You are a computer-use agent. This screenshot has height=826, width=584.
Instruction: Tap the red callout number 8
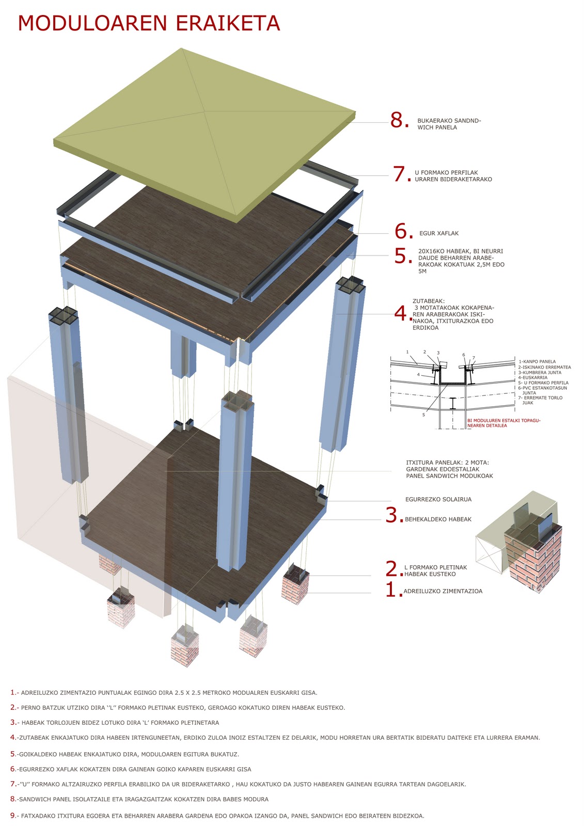[x=399, y=120]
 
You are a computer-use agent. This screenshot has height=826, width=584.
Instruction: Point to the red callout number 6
[x=403, y=232]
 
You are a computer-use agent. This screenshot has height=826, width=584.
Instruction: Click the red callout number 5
[x=402, y=256]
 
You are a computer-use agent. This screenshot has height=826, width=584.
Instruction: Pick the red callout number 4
[x=402, y=313]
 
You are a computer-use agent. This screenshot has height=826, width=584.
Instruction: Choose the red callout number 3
[x=393, y=516]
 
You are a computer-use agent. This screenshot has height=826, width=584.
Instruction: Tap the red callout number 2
[x=393, y=569]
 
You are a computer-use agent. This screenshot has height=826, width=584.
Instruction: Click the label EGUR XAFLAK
[x=439, y=233]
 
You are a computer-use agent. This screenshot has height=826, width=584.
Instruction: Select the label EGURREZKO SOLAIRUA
[x=438, y=499]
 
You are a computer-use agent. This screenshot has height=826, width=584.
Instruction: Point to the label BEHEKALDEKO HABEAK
[x=438, y=519]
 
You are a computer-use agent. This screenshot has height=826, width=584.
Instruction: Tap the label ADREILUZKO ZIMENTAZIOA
[x=443, y=591]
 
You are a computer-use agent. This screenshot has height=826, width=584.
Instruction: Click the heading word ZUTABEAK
[x=429, y=301]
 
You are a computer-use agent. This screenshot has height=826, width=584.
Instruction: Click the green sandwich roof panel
[x=204, y=129]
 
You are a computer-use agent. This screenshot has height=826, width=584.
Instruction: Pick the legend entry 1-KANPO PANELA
[x=537, y=361]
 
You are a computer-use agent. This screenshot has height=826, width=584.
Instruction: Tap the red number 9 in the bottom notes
[x=12, y=816]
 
